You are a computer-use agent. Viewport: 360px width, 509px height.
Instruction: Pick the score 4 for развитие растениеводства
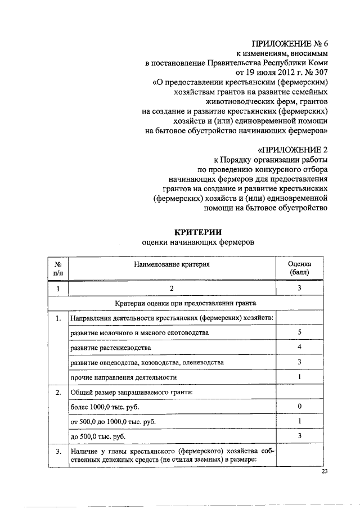tap(300, 348)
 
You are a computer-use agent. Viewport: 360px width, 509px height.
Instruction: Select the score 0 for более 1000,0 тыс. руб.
tap(300, 406)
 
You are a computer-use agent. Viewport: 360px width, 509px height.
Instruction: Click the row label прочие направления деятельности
tap(124, 377)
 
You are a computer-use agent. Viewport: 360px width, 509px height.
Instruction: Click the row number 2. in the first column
tap(58, 392)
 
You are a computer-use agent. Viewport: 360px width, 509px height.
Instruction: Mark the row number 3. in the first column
tap(58, 451)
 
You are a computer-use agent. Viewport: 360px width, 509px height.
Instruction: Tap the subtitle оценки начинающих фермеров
tap(197, 243)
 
